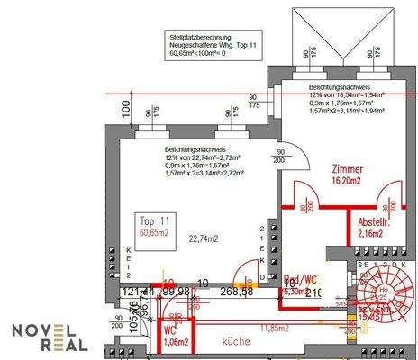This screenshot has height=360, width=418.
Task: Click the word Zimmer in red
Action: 347,168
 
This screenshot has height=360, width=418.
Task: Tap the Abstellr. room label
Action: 372,221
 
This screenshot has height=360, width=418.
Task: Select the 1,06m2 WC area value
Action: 176,342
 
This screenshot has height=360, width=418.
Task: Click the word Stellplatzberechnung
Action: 201,35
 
